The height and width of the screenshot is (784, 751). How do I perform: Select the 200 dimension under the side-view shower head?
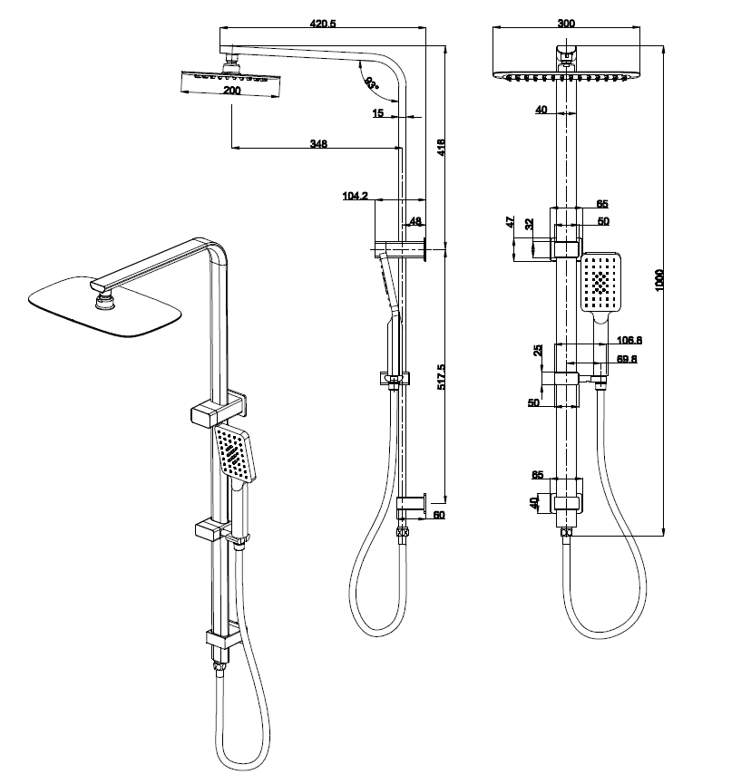click(232, 92)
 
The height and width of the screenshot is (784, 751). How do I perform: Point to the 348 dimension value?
click(317, 142)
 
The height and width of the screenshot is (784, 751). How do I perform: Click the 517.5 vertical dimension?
click(441, 377)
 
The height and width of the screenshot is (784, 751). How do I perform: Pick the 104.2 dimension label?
click(356, 196)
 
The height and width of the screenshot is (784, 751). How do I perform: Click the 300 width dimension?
click(566, 24)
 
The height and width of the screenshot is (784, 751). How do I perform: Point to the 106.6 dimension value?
click(629, 340)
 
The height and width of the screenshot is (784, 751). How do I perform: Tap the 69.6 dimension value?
click(629, 359)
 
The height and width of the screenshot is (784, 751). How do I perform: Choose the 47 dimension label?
click(510, 221)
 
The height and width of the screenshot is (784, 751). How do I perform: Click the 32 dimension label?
click(530, 223)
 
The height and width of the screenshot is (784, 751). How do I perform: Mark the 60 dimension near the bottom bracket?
click(439, 515)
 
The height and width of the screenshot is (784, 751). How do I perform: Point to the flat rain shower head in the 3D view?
click(102, 307)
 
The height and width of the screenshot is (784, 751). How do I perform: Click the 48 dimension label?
click(415, 221)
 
